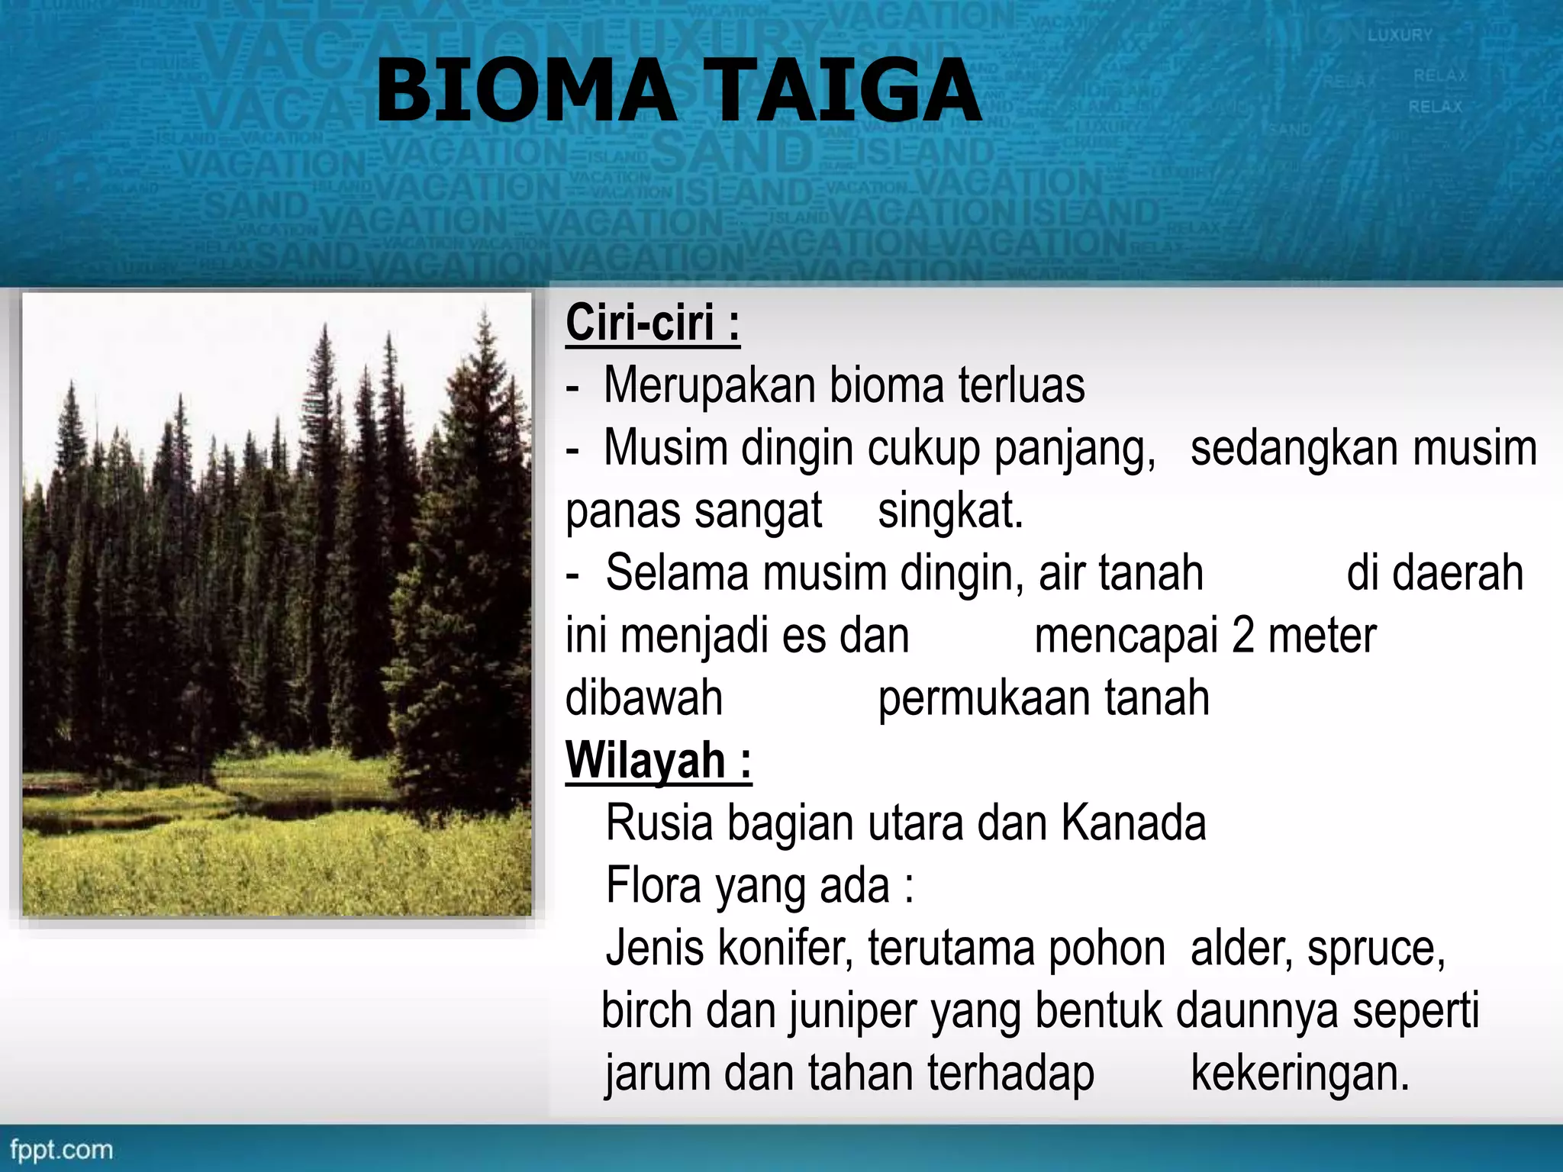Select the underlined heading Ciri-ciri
[652, 324]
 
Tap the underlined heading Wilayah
[658, 761]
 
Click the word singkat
[949, 511]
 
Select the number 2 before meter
[1242, 636]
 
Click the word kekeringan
[1300, 1074]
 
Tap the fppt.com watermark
[61, 1150]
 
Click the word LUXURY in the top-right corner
[1400, 35]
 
